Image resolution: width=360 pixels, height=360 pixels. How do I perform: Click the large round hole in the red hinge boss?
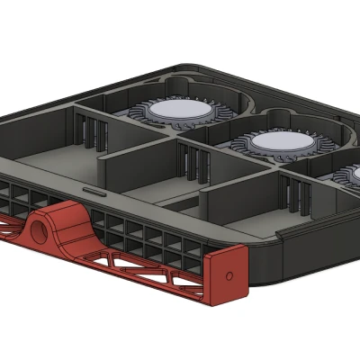pyautogui.click(x=41, y=230)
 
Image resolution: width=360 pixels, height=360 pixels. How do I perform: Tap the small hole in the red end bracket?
pyautogui.click(x=230, y=274)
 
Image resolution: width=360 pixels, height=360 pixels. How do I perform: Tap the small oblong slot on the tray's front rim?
pyautogui.click(x=93, y=191)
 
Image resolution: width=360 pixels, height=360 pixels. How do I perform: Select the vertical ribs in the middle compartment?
pyautogui.click(x=191, y=161)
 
